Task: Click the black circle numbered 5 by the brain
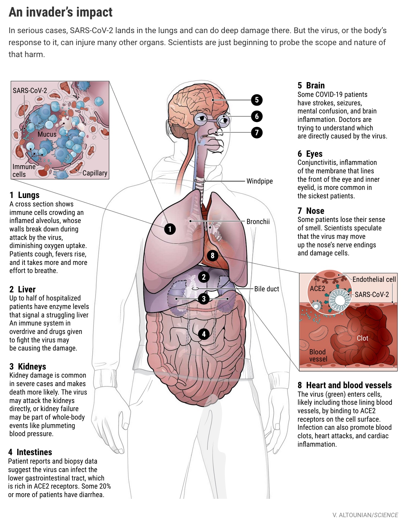257,100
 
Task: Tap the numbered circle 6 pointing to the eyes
257,116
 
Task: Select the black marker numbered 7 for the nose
257,132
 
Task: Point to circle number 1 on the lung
170,229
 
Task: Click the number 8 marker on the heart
212,255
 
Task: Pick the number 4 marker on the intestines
204,334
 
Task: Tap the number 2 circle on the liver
204,277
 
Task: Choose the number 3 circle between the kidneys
204,299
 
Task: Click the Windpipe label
259,181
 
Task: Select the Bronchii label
258,222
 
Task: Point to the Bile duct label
266,289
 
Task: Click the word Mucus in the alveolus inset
47,134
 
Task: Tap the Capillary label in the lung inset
94,173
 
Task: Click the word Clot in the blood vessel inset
362,338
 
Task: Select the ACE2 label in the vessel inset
317,289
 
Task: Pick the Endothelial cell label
374,279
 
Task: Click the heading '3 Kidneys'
27,366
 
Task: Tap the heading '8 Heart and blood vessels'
344,385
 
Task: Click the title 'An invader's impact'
61,12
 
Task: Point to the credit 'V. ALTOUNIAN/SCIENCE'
365,515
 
